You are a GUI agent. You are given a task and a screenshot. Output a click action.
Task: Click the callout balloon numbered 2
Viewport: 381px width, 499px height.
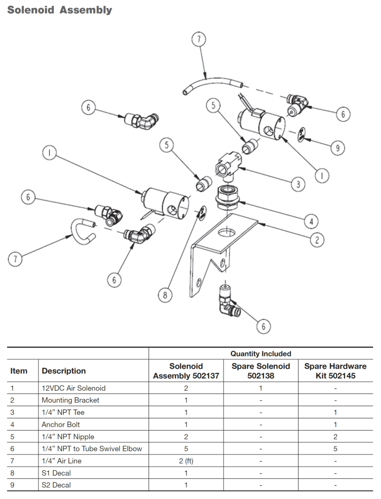click(317, 240)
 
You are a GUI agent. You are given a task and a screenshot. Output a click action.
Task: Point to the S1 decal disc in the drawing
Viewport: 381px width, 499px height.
click(201, 212)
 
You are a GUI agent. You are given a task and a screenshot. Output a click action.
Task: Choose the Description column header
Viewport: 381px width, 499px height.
click(64, 371)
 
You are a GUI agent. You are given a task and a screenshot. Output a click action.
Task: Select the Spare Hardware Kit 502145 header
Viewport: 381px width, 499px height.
click(335, 371)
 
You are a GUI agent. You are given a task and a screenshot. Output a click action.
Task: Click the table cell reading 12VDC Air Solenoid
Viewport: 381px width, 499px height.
click(74, 388)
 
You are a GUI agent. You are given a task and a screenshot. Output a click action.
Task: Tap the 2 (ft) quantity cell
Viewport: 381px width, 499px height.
click(186, 461)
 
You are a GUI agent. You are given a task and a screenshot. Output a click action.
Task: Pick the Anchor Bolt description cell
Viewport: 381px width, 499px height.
click(61, 424)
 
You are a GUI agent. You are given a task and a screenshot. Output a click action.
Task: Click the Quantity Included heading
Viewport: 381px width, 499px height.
click(261, 354)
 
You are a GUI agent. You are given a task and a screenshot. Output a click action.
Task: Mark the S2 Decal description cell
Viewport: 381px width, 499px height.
click(57, 485)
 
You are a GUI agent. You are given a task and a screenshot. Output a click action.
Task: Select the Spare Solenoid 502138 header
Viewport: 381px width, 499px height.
click(261, 371)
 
